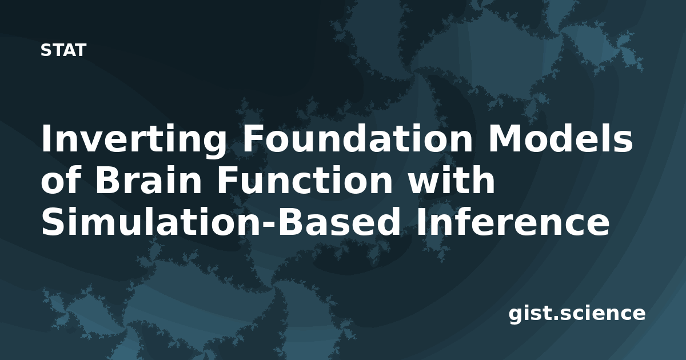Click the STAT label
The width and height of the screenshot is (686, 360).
pyautogui.click(x=63, y=50)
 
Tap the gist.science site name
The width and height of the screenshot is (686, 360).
pyautogui.click(x=577, y=314)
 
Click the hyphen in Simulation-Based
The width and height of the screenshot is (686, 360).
pyautogui.click(x=269, y=225)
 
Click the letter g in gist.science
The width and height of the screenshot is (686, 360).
pyautogui.click(x=516, y=315)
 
